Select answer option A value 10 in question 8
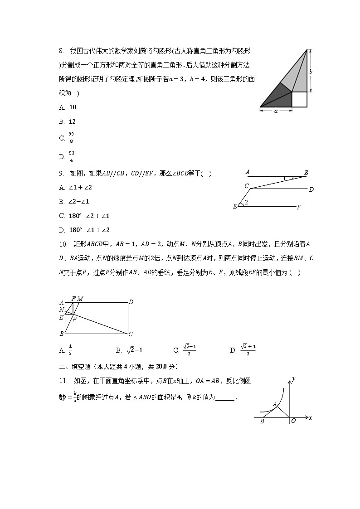pos(73,107)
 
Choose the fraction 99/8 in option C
pos(71,138)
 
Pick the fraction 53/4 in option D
pos(71,156)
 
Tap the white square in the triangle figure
pos(299,99)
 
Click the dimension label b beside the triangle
pos(311,72)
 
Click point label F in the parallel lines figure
pos(299,207)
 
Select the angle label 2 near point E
pos(246,202)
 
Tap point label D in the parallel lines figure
pos(311,189)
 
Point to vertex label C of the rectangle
pos(131,334)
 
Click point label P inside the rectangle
pos(74,319)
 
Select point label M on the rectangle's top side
pos(80,299)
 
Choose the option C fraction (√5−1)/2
pos(190,350)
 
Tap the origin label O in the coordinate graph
pos(293,421)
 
